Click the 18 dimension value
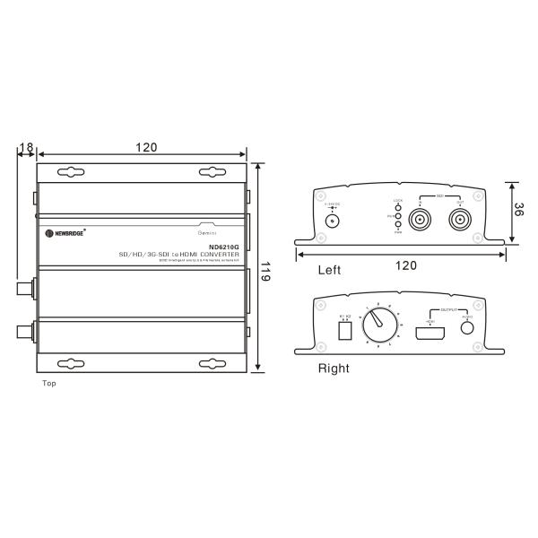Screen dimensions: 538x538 point(25,146)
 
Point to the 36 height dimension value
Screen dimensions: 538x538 point(519,213)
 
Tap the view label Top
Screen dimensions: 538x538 point(49,383)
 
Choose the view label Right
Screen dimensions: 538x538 point(334,368)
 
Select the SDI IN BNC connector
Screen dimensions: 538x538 point(421,218)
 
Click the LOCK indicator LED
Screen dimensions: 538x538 point(398,207)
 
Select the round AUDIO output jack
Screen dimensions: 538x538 point(466,327)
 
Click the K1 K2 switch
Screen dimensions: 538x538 point(344,329)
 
